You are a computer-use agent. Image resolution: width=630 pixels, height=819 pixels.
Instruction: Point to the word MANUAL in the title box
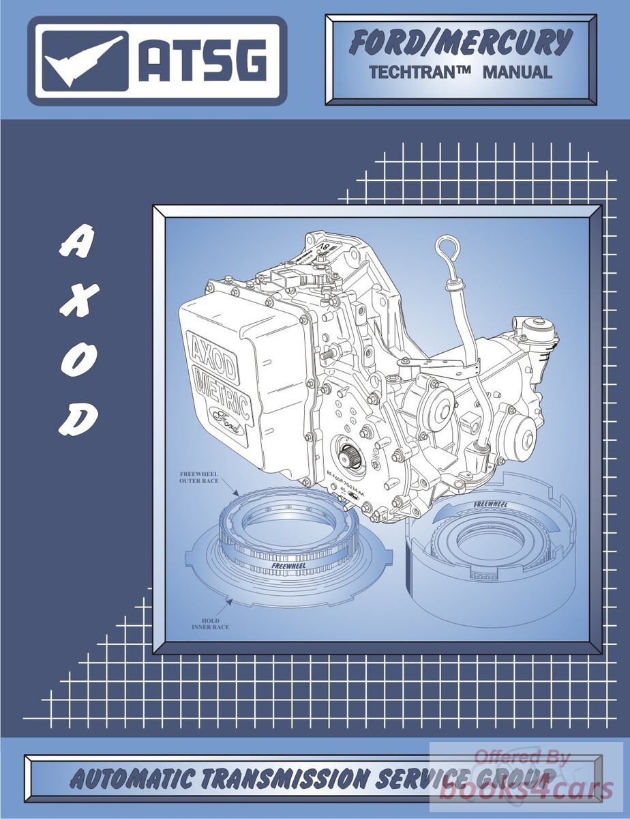517,72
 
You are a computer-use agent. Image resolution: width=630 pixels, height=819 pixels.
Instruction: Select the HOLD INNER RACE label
211,624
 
